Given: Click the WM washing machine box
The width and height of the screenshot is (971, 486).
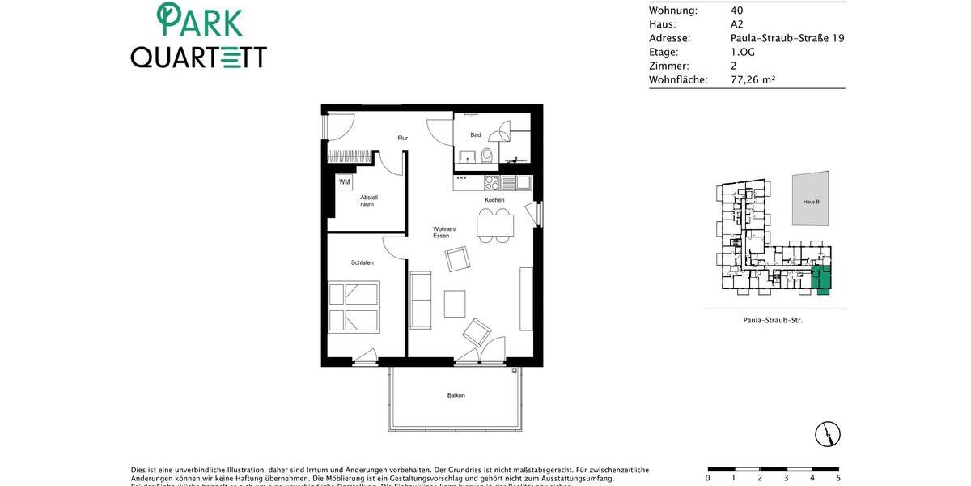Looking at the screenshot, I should click(x=345, y=182).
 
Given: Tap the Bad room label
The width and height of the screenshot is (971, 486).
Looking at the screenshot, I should click(x=476, y=135).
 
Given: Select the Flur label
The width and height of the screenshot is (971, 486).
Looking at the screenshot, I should click(x=402, y=139).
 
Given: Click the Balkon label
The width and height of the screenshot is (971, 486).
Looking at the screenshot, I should click(x=456, y=395).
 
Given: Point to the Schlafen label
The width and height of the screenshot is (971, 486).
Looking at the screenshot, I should click(x=362, y=263).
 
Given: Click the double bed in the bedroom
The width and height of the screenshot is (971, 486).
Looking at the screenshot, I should click(x=354, y=308).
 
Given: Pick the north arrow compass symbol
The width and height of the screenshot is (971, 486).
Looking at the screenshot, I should click(x=828, y=434).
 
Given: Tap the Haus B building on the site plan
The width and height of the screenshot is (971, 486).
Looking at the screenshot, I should click(x=811, y=198).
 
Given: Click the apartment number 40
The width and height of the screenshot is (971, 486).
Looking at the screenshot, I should click(x=736, y=11).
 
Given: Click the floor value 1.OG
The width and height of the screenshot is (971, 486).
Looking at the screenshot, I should click(x=744, y=52).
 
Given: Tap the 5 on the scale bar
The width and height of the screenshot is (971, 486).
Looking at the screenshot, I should click(x=838, y=478).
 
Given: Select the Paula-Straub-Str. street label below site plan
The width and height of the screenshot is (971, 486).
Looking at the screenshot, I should click(x=773, y=321).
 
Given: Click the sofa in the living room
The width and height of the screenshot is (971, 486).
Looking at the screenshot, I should click(x=421, y=300).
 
